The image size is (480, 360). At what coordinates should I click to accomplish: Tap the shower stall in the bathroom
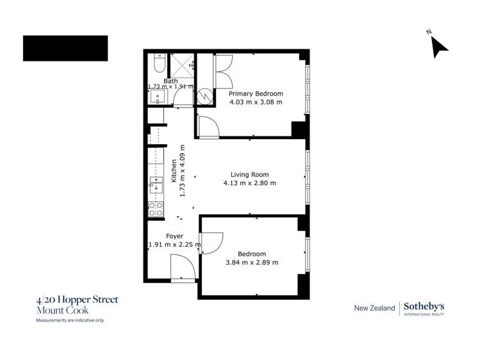tap(182, 65)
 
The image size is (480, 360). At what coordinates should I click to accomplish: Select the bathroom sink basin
tap(158, 97)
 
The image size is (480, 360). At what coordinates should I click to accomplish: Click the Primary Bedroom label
tap(256, 94)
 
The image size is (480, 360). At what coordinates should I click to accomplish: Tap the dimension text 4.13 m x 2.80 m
tap(249, 183)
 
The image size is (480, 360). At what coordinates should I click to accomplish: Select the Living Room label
tap(249, 174)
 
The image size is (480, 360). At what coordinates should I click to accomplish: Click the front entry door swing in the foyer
tap(182, 265)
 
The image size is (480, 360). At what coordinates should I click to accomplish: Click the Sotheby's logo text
tap(424, 307)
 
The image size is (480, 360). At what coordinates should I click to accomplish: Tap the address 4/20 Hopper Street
tap(77, 300)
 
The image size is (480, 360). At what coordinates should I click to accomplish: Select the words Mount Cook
tap(58, 310)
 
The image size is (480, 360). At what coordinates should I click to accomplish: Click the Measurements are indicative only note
tap(69, 320)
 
